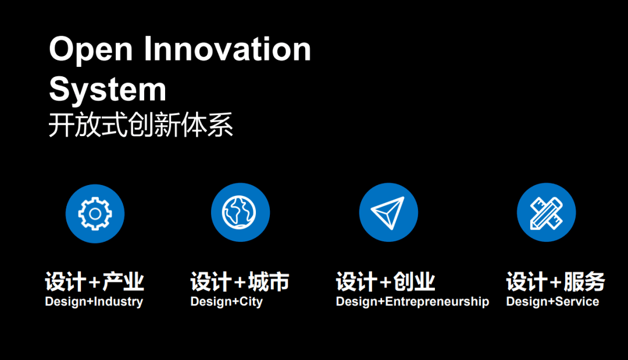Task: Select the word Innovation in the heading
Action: [227, 48]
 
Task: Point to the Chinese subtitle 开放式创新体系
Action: [141, 125]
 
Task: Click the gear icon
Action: [95, 213]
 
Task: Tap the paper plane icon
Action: [388, 212]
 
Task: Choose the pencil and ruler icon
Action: [546, 212]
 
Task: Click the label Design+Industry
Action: [94, 301]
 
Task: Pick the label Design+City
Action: [227, 301]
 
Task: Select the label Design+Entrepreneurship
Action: [412, 301]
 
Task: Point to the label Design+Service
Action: [553, 301]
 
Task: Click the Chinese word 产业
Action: [123, 281]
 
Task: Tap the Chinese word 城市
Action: [269, 281]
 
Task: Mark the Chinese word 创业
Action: [414, 281]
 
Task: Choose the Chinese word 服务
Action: [584, 281]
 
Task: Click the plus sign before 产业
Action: [95, 283]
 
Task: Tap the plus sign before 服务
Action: [556, 283]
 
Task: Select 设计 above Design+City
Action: [211, 281]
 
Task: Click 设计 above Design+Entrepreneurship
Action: [356, 281]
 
